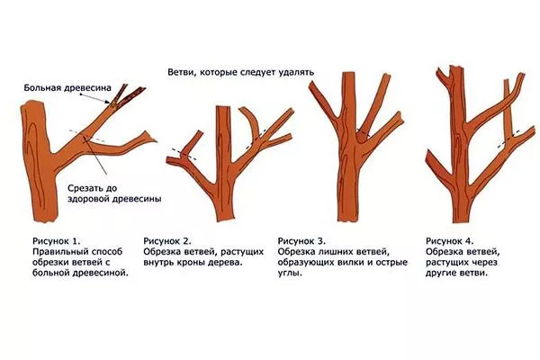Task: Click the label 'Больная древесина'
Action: pyautogui.click(x=67, y=88)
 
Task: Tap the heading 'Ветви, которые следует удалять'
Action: pyautogui.click(x=240, y=72)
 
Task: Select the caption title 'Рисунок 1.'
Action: pyautogui.click(x=56, y=240)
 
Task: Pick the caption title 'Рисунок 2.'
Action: pyautogui.click(x=167, y=240)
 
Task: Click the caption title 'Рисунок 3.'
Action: pyautogui.click(x=301, y=240)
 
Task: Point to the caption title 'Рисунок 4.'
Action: pyautogui.click(x=450, y=240)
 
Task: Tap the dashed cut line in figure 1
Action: pyautogui.click(x=87, y=136)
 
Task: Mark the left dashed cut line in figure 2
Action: pyautogui.click(x=184, y=155)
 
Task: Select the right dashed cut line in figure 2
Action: pyautogui.click(x=256, y=139)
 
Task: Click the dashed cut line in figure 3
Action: pyautogui.click(x=363, y=132)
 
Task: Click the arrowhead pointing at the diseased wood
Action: pyautogui.click(x=108, y=101)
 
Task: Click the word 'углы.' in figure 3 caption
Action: pyautogui.click(x=290, y=274)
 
